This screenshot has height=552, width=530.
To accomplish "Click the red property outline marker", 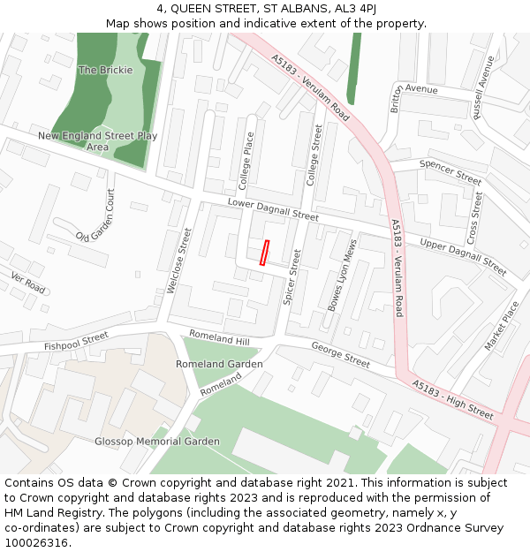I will pyautogui.click(x=263, y=253).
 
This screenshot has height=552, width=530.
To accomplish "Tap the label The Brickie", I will pyautogui.click(x=105, y=70).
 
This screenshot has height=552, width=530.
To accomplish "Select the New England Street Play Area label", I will pyautogui.click(x=97, y=141).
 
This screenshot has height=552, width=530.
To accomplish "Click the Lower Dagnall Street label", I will pyautogui.click(x=273, y=209).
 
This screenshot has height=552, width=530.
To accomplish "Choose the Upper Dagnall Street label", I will pyautogui.click(x=463, y=255).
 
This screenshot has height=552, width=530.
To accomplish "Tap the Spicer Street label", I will pyautogui.click(x=291, y=277).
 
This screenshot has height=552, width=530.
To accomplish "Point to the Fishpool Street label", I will pyautogui.click(x=76, y=340).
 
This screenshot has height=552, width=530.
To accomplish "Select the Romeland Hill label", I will pyautogui.click(x=220, y=338).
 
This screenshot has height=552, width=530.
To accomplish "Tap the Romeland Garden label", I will pyautogui.click(x=219, y=364).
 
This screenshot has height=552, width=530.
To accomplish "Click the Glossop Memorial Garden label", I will pyautogui.click(x=157, y=441).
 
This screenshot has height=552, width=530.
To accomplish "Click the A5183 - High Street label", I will pyautogui.click(x=452, y=399).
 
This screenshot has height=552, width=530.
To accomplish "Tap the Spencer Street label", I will pyautogui.click(x=450, y=171).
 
